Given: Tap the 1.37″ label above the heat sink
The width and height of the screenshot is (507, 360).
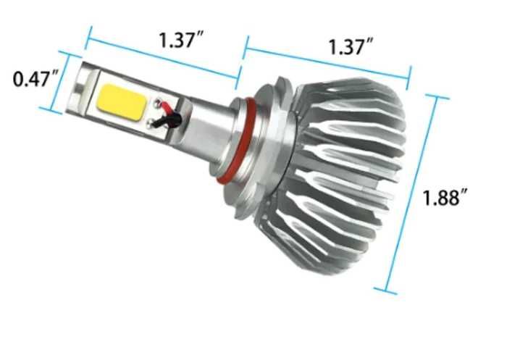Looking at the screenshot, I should pyautogui.click(x=350, y=48).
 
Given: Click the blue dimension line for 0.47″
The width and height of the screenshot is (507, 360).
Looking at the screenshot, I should pyautogui.click(x=61, y=83).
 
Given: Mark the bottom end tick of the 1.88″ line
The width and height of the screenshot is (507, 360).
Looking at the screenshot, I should pyautogui.click(x=390, y=292).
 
